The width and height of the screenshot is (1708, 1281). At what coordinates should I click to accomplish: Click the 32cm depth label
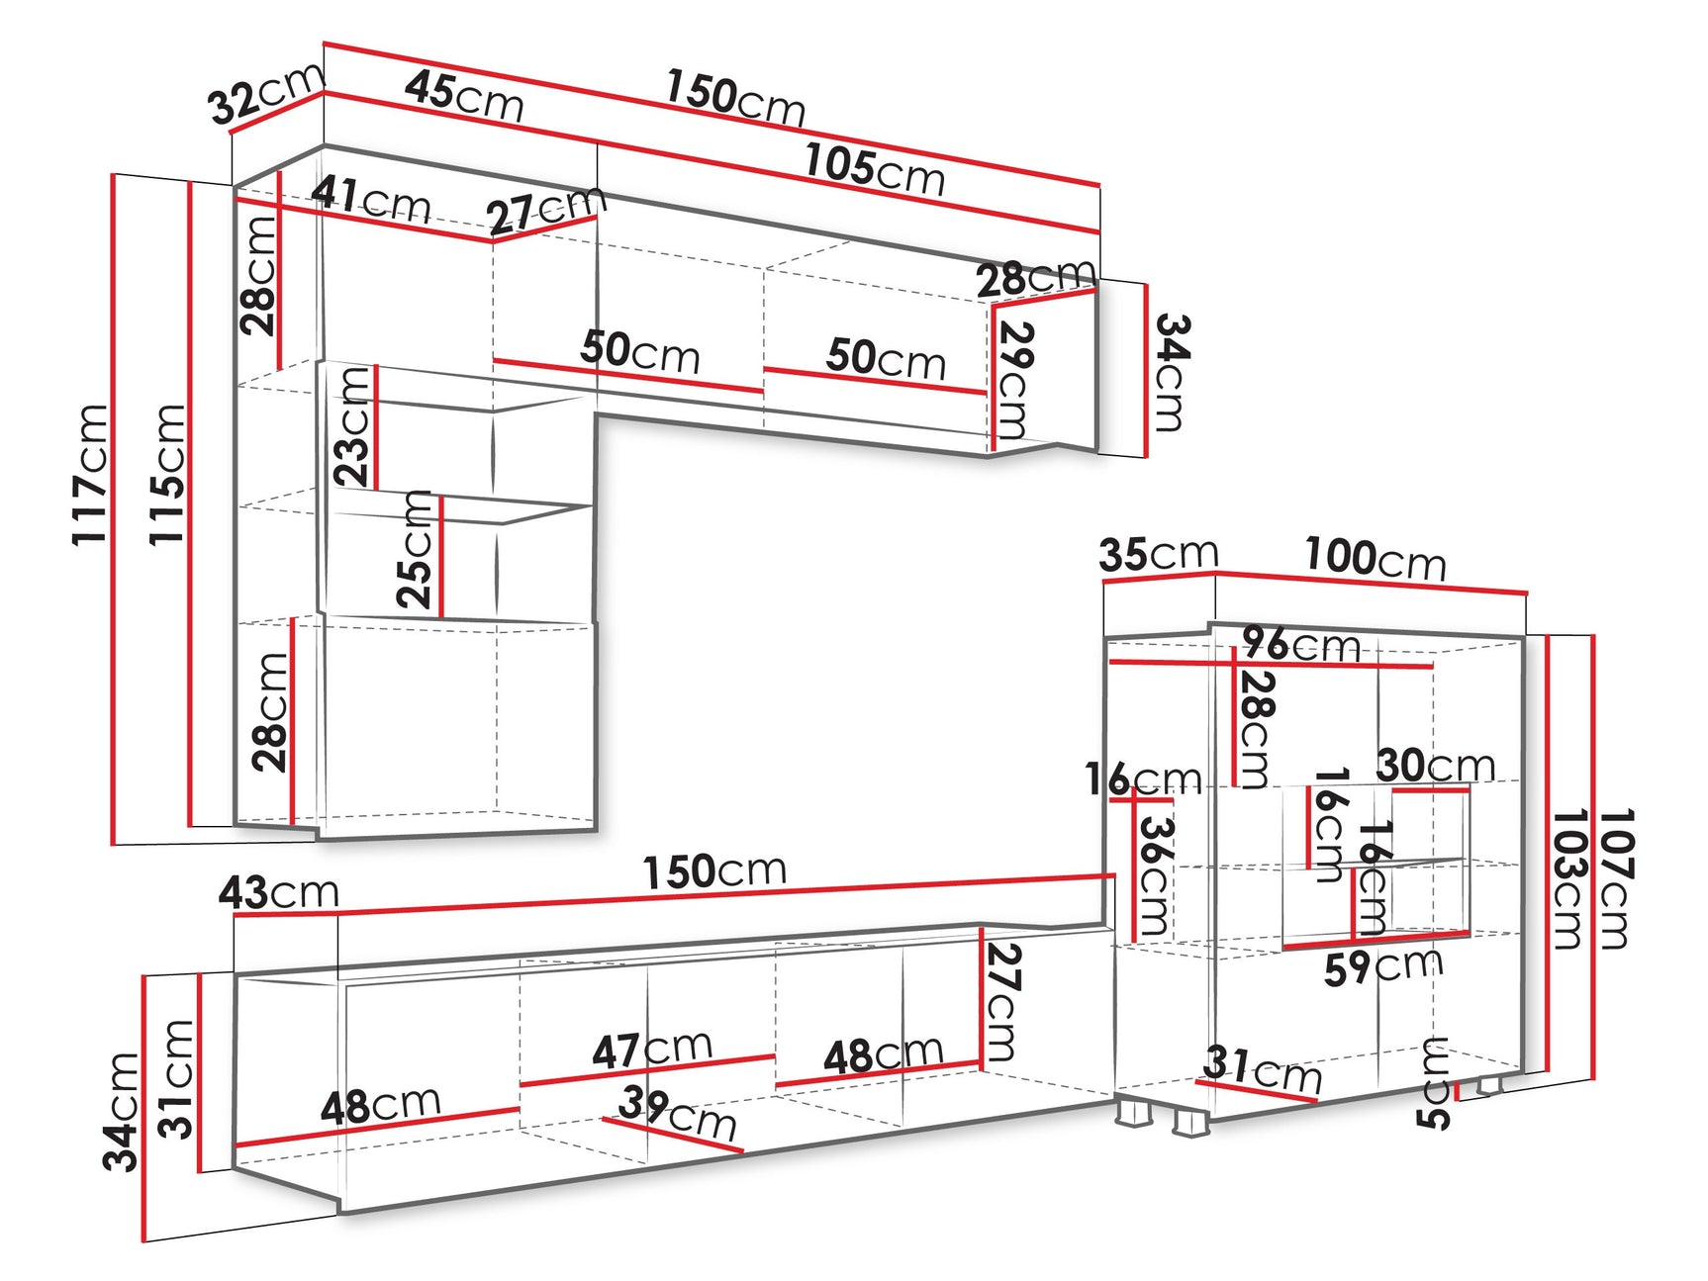[266, 93]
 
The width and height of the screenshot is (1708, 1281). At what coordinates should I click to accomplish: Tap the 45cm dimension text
[464, 96]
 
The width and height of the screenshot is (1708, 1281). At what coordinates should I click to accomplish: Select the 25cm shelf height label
[415, 549]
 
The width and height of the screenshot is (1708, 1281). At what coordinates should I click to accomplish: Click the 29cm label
[1015, 381]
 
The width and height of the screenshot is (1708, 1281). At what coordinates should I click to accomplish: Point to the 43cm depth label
[279, 892]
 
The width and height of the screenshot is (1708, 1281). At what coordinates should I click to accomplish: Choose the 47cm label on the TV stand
[653, 1050]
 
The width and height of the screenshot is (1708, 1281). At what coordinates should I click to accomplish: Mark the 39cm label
[678, 1113]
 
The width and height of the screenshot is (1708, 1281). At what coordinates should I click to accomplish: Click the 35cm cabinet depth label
[1159, 555]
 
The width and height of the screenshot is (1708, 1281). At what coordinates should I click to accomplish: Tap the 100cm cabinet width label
[1376, 559]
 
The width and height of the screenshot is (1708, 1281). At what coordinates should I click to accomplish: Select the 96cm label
[1302, 645]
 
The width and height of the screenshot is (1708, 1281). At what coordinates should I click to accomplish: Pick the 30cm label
[1436, 766]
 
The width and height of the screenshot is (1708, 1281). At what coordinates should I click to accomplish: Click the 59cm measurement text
[1384, 966]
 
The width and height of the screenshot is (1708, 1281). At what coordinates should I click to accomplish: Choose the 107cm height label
[1615, 878]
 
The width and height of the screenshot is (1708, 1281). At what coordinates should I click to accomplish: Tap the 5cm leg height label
[1433, 1083]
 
